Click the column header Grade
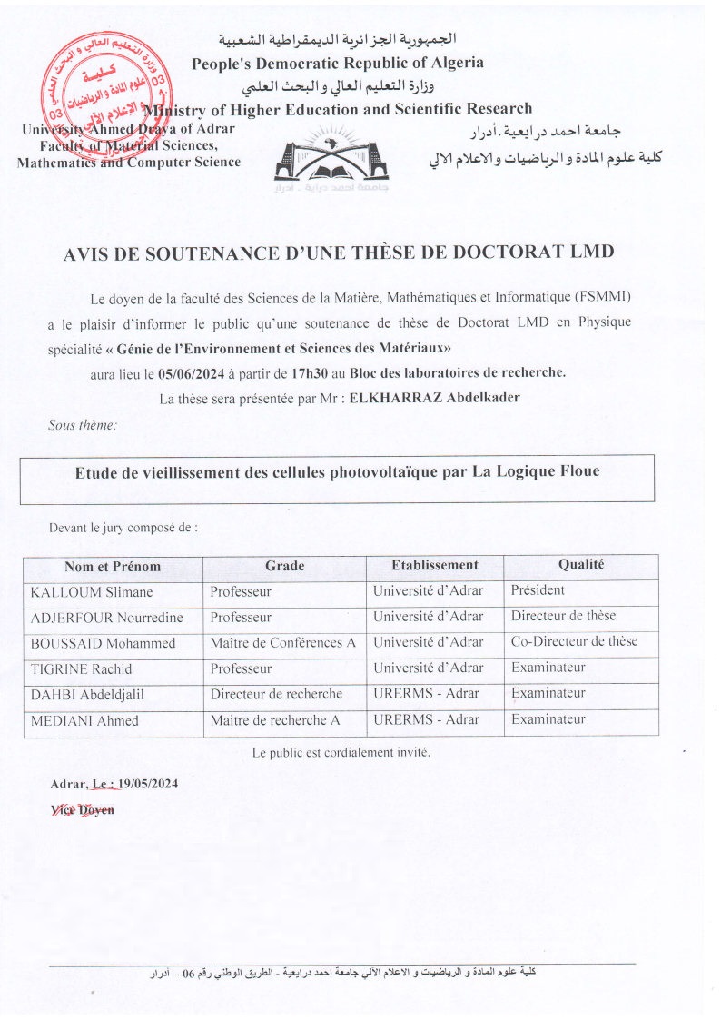click(x=284, y=566)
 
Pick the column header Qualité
click(x=581, y=565)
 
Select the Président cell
click(x=538, y=590)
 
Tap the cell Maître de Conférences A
click(x=282, y=642)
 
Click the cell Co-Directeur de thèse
click(x=574, y=641)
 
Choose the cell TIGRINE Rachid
click(x=81, y=668)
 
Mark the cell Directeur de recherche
click(x=276, y=694)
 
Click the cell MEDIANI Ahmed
click(x=84, y=720)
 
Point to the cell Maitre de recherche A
click(x=274, y=720)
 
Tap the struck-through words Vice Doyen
click(x=83, y=808)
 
